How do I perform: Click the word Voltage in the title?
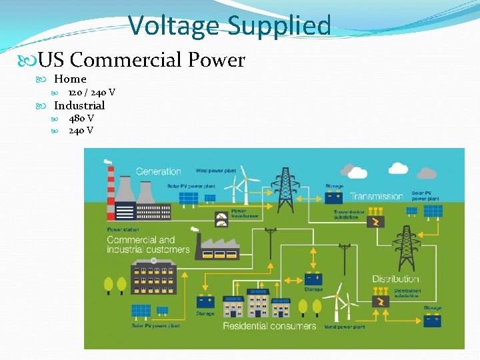pos(174,27)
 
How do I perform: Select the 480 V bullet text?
pos(81,118)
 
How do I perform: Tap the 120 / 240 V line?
pos(91,92)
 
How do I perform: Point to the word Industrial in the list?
pos(79,105)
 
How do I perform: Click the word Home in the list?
pos(70,79)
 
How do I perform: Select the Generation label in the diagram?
pos(159,171)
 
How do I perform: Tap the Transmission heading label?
pos(377,196)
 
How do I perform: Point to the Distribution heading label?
pos(395,279)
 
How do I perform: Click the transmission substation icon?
pos(377,222)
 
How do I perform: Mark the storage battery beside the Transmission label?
pos(334,197)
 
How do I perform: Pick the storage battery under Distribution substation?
pos(432,319)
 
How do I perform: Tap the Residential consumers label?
pos(269,326)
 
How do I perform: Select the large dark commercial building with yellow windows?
pos(154,277)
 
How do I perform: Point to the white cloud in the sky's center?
pos(358,172)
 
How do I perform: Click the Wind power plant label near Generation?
pos(215,171)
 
